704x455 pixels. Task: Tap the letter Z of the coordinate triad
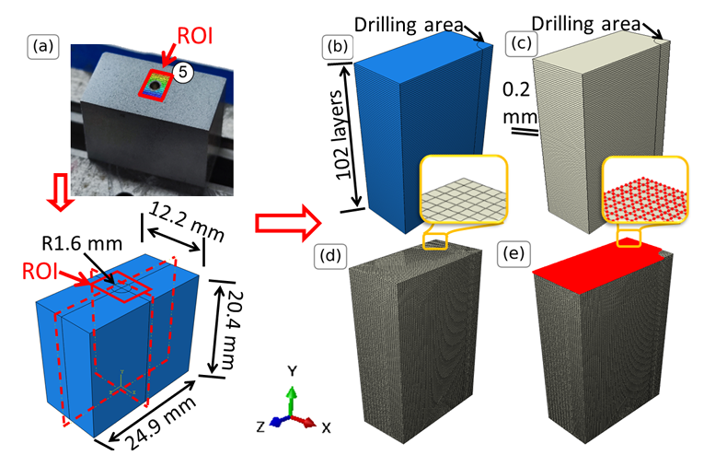coord(260,427)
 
